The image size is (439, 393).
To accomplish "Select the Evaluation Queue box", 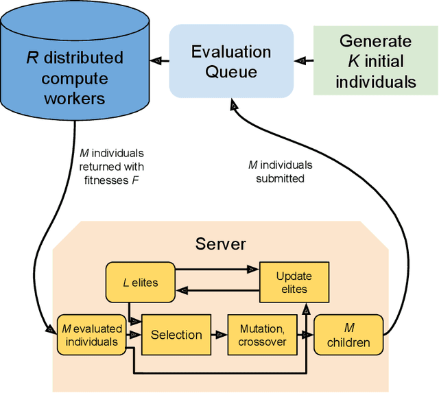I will pos(230,61).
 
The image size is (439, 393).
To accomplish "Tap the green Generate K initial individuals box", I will pos(375,61).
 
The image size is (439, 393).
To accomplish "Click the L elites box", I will pos(139,283).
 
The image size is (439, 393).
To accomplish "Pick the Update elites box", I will pos(294,283).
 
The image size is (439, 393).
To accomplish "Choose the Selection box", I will pos(176,335).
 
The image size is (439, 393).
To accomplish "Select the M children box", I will pos(348,335).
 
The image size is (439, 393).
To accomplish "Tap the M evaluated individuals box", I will pos(91,335).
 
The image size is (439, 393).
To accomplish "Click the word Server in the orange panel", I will pos(220,243).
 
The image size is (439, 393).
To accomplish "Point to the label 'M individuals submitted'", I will pos(280,171).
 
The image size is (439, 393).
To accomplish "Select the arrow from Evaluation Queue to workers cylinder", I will pos(159,60).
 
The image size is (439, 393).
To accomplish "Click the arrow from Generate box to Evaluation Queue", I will pos(303,60).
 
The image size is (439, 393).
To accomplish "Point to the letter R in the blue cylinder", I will pos(32,57).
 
